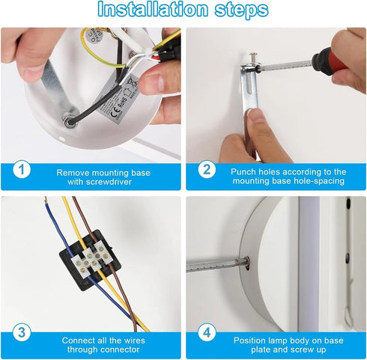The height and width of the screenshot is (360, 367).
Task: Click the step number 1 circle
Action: point(22,170)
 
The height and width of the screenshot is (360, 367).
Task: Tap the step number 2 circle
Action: point(207,169)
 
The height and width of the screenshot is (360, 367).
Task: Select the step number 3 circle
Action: point(22,332)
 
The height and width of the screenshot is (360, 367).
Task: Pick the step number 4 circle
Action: point(207,332)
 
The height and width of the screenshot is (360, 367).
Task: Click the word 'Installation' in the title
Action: point(153,9)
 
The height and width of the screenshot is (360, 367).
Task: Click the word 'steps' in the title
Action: point(241,10)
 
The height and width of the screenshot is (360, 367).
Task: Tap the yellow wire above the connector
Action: point(73,222)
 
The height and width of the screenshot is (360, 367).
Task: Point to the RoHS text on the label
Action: point(123,103)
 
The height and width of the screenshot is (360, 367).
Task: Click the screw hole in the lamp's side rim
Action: point(247,264)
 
